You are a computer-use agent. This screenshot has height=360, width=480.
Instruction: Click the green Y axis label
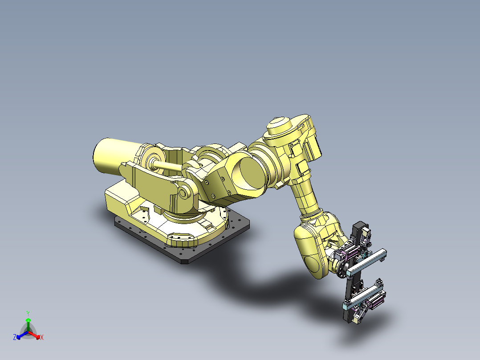click(28, 313)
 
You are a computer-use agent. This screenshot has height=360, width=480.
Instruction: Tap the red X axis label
click(42, 338)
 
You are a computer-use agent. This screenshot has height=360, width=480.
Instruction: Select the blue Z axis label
click(15, 337)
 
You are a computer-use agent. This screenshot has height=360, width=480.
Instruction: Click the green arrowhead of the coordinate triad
click(28, 320)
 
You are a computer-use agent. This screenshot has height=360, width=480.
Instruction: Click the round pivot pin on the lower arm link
click(183, 192)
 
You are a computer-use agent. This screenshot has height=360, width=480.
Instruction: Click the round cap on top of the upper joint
click(279, 123)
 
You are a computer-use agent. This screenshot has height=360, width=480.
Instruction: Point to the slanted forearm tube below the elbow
click(305, 196)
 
